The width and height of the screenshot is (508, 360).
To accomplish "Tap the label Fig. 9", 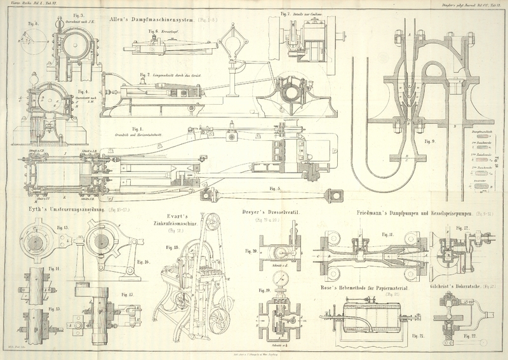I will point(429,141).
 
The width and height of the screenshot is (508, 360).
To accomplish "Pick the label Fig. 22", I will point(470,335).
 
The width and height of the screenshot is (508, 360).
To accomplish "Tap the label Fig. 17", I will point(128,295).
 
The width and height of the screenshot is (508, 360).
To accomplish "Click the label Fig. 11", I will point(388,234).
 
